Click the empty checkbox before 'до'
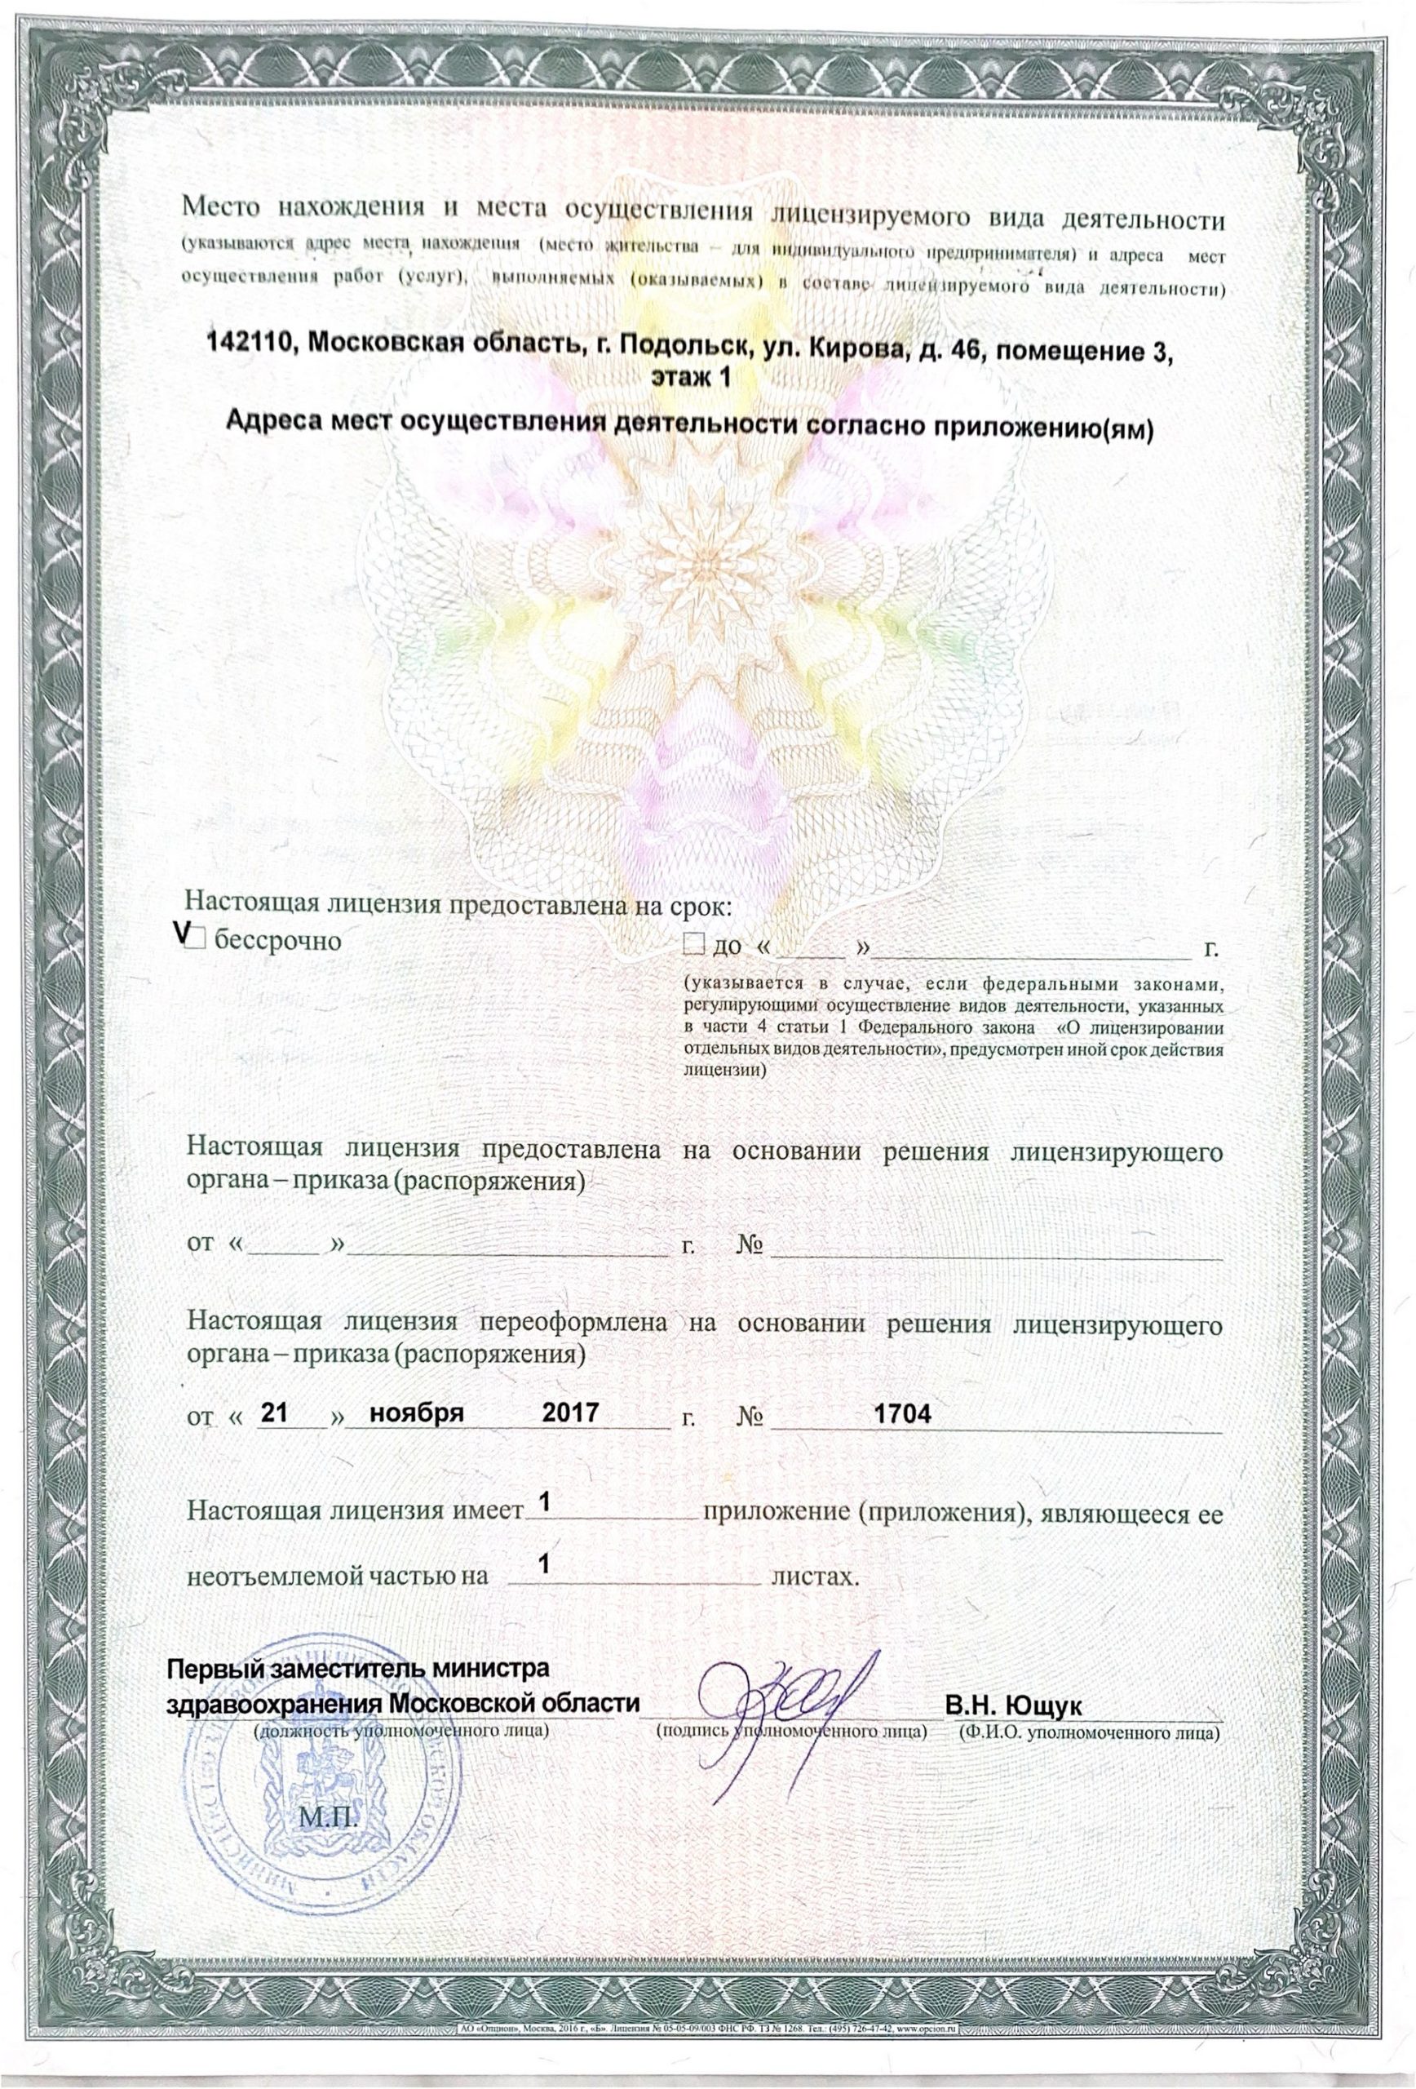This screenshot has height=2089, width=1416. (692, 944)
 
